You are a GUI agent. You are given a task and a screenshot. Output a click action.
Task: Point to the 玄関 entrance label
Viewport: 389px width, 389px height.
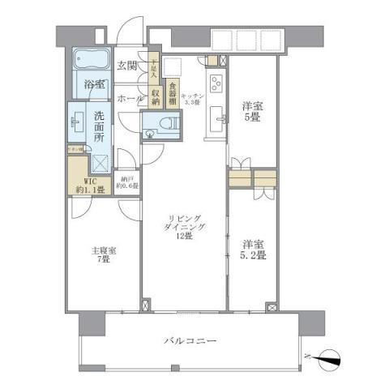[126, 66]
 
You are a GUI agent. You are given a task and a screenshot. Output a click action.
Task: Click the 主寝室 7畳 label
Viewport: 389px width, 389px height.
[104, 257]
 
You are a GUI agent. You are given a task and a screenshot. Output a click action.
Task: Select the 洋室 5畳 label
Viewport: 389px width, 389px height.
[253, 112]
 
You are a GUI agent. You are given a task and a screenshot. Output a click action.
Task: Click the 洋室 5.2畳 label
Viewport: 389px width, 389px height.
[254, 248]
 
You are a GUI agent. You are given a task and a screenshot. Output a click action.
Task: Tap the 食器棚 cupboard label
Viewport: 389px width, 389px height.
[173, 88]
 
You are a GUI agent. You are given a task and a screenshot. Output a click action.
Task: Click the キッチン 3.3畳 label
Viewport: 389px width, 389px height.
[192, 98]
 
